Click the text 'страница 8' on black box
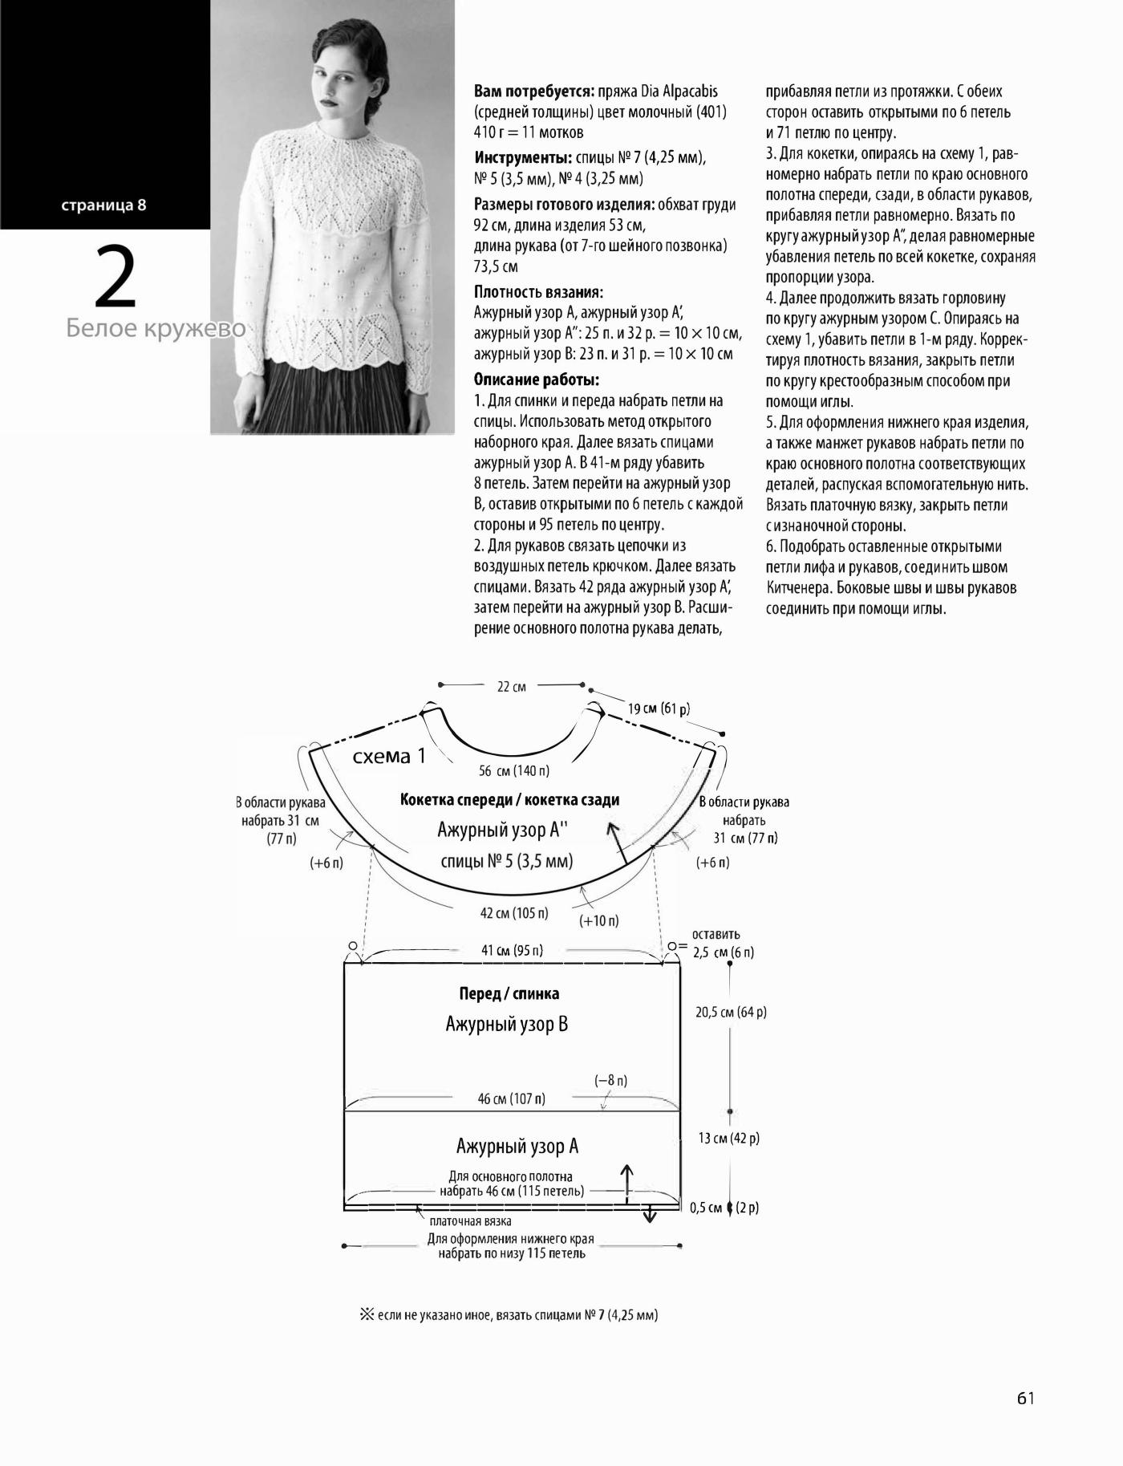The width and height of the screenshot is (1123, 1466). click(104, 205)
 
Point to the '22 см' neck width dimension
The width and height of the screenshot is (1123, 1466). click(512, 687)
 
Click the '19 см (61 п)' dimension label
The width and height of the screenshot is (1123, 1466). click(659, 709)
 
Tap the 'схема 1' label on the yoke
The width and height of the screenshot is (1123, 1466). click(390, 757)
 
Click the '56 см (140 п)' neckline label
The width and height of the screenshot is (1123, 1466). click(513, 771)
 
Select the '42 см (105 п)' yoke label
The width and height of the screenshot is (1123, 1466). click(514, 913)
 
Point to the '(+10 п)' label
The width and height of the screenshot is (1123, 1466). click(598, 920)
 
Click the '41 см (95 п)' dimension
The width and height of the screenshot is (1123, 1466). click(512, 951)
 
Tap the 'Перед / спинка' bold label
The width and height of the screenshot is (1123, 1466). click(509, 993)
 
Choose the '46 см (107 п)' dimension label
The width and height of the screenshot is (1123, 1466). click(511, 1098)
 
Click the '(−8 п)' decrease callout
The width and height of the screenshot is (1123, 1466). click(610, 1081)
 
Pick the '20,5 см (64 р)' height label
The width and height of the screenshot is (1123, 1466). click(731, 1013)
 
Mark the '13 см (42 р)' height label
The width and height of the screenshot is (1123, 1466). click(728, 1138)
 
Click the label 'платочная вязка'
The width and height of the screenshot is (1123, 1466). click(470, 1221)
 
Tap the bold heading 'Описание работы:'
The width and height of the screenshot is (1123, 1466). click(537, 380)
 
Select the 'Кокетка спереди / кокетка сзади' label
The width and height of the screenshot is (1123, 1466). click(509, 800)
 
